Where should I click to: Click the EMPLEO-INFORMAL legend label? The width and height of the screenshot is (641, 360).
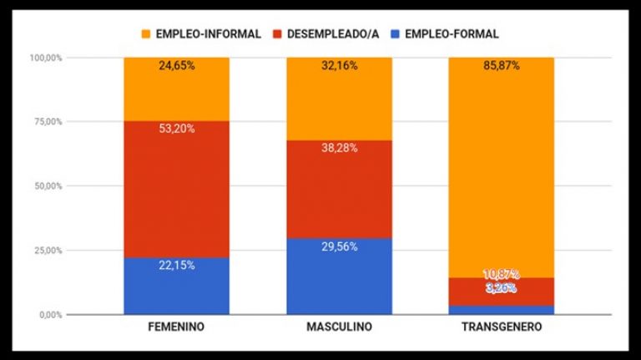point(208,34)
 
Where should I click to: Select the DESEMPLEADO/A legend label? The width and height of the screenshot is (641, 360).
point(333,34)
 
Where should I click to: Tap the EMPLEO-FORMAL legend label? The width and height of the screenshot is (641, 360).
point(452,34)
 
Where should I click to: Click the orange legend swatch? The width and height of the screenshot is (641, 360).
point(145,34)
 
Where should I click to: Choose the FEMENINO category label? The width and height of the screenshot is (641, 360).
point(176,327)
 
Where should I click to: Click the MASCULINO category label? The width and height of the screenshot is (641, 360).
point(339,327)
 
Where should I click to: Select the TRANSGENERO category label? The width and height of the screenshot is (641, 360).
point(502,327)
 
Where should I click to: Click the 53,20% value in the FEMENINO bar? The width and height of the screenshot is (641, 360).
point(176,129)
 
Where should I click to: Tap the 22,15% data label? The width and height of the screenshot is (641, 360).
point(176,265)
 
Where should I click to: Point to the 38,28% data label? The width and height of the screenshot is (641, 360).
point(339,148)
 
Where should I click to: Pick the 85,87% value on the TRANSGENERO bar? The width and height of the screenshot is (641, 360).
point(502,65)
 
